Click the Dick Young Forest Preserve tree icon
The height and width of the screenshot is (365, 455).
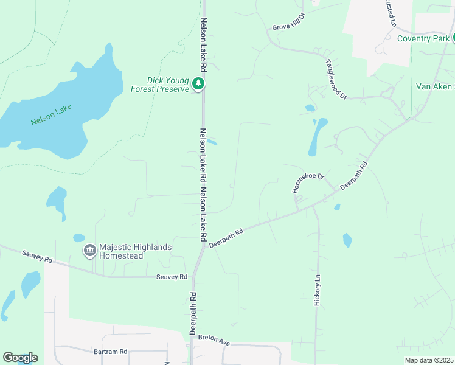pos(198,83)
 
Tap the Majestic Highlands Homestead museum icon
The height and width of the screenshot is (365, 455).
pos(89,250)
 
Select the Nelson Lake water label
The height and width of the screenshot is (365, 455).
pos(51,115)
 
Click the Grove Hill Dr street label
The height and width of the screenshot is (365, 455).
pos(288,27)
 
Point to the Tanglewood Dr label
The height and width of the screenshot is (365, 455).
pos(336,79)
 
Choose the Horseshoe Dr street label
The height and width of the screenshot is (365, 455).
pos(308,183)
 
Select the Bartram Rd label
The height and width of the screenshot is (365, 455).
pos(110,352)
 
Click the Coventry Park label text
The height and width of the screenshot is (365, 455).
pos(423,38)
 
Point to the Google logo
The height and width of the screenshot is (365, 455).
pos(20,358)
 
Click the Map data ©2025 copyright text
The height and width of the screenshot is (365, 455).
pos(428,360)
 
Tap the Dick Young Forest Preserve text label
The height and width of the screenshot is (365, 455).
pos(160,85)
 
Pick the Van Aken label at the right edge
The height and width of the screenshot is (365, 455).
pos(434,86)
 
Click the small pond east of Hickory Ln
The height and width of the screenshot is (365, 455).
pos(347,240)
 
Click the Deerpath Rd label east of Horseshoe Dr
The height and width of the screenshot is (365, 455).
pos(355,175)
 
